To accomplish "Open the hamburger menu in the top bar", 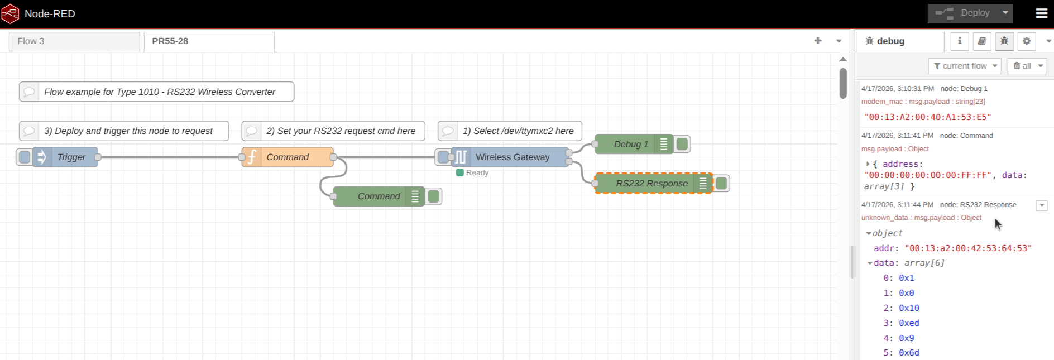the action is tap(1042, 13).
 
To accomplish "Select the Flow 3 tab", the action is tap(74, 41).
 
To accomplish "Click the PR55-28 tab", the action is tap(209, 41).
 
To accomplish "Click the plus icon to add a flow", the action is tap(818, 41).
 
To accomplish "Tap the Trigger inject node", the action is tap(65, 157).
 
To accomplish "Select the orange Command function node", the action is tap(288, 157).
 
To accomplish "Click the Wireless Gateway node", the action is tap(510, 157).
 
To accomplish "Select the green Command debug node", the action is tap(379, 196).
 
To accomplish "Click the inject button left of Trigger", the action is tap(25, 157).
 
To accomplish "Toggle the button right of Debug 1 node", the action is tap(682, 145).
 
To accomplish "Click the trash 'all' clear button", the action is tap(1027, 66).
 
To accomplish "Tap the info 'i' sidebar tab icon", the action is tap(960, 41).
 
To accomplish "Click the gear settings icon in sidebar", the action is tap(1027, 41).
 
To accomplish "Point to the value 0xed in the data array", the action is tap(909, 323).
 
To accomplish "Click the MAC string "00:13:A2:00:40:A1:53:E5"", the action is tap(928, 117).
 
